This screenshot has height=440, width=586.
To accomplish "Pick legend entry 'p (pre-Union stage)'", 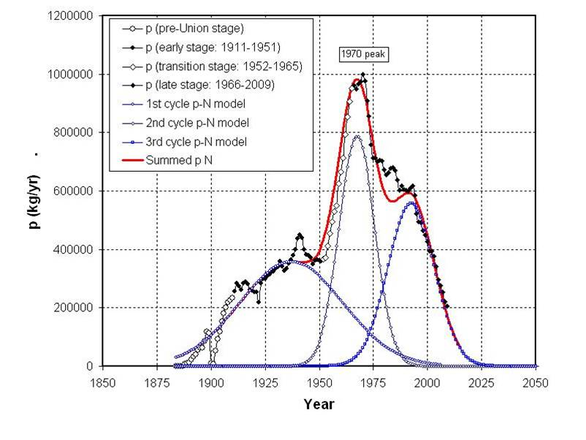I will [194, 29].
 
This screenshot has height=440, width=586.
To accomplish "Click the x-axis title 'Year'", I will [319, 403].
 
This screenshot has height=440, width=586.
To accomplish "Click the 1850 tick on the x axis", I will [102, 381].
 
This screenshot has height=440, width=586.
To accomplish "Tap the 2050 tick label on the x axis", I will [536, 381].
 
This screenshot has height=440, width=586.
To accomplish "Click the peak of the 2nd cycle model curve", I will [357, 136].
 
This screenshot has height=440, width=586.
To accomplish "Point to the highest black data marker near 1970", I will [363, 75].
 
